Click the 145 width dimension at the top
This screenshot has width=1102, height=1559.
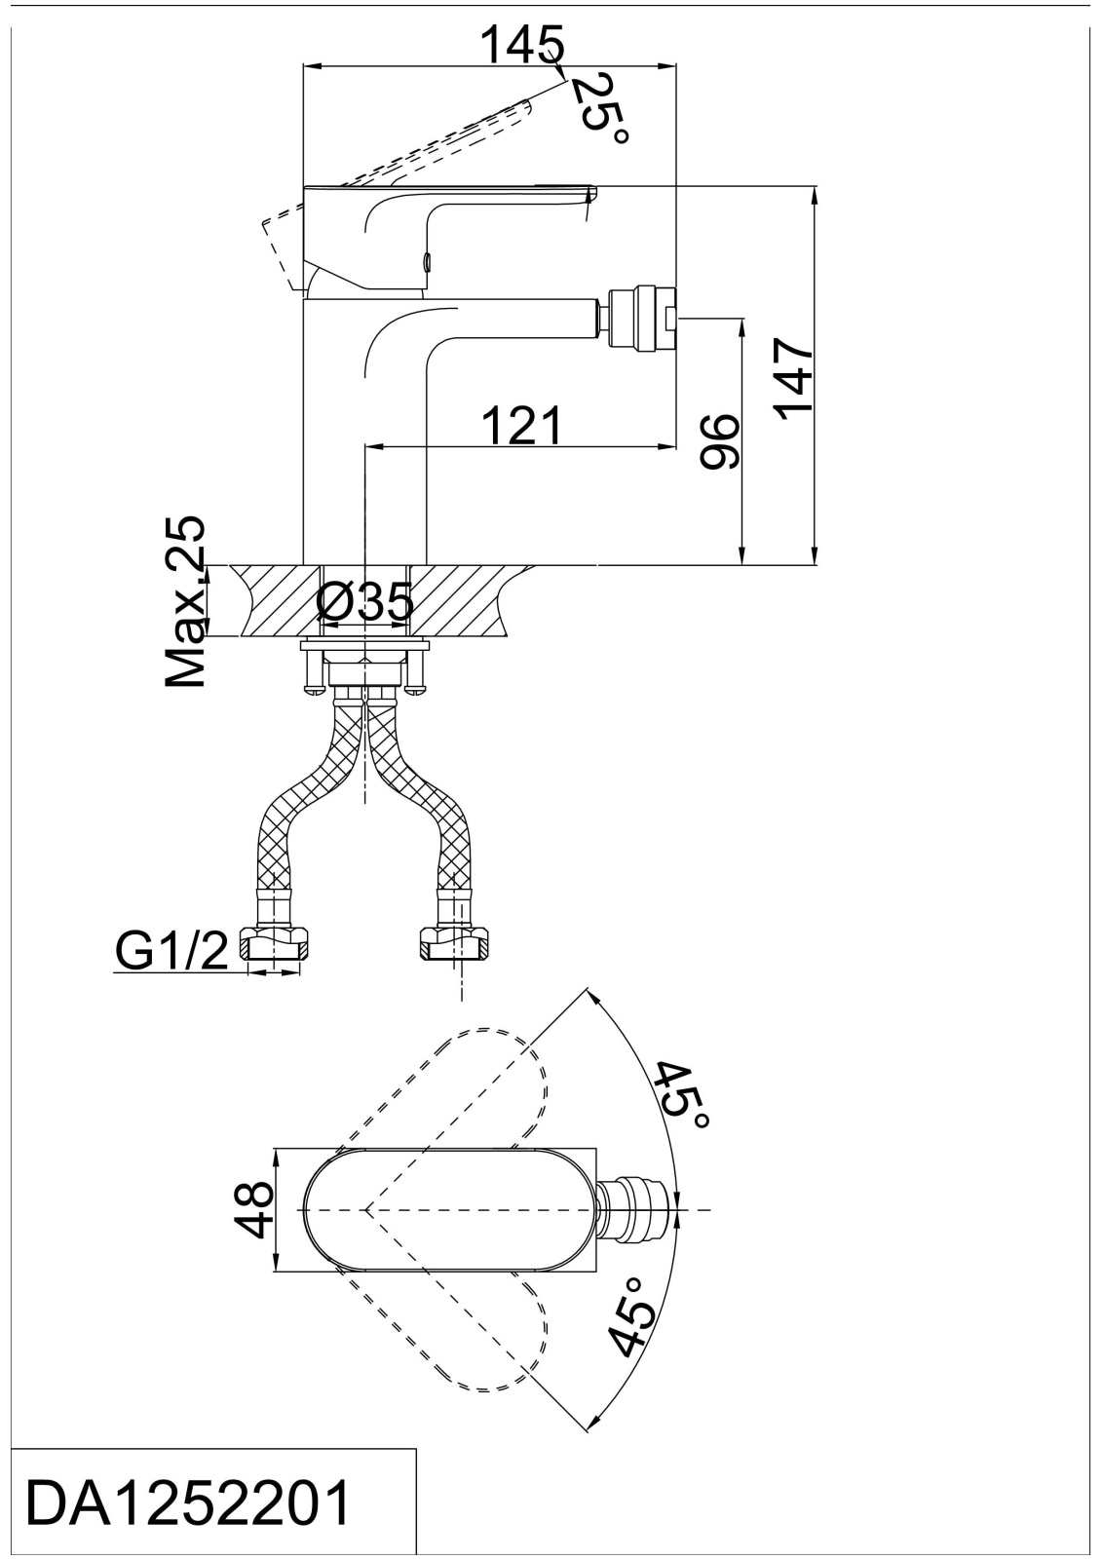click(523, 44)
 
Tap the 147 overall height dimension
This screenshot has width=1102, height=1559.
click(793, 379)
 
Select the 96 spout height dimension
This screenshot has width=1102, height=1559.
click(720, 442)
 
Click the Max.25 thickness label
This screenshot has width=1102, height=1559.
click(185, 601)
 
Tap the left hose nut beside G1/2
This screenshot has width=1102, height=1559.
click(274, 945)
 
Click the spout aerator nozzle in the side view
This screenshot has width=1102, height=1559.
click(639, 318)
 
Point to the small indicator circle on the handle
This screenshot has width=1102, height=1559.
click(428, 262)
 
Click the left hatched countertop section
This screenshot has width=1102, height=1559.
click(275, 600)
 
